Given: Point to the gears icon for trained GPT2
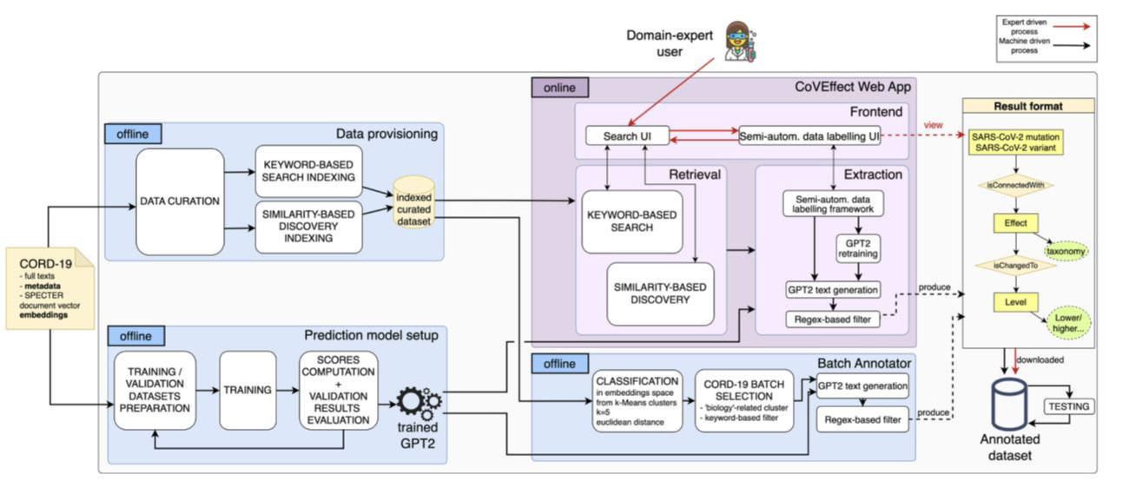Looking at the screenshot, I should coord(419,402).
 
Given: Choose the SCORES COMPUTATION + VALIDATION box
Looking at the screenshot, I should coord(338,390).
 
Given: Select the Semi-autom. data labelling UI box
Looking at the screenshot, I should coord(809,136).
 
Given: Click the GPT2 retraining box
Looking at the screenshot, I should coord(856,247).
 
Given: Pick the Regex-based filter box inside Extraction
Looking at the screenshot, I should coord(832,320).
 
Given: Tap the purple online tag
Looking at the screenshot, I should coord(560,88).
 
